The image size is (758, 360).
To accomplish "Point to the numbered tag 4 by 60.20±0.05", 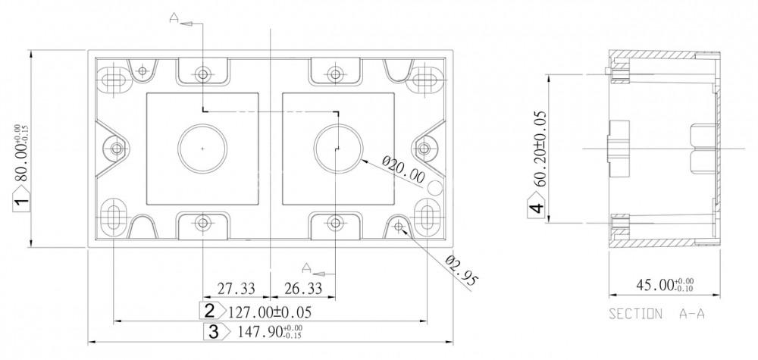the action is click(536, 208).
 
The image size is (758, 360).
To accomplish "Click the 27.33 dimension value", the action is click(236, 289).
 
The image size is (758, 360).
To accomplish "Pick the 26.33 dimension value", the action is click(303, 289).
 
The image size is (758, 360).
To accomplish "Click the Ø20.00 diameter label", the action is click(403, 169).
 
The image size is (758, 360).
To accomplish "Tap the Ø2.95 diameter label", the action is click(462, 272).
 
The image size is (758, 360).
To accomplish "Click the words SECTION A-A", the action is click(656, 314).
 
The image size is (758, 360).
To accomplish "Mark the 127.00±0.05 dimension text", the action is click(270, 312).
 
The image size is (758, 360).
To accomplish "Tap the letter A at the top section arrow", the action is click(174, 18).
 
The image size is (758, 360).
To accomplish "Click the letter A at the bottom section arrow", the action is click(306, 268).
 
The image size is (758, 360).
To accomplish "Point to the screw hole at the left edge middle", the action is click(117, 149).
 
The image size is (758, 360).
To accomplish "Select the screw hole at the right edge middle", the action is click(424, 149).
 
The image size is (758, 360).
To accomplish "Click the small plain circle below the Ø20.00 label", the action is click(436, 187).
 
